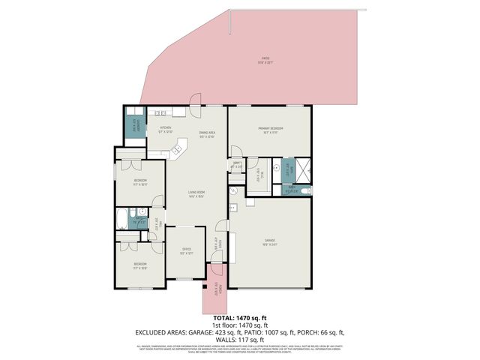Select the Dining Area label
(x=207, y=135)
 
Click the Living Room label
(x=196, y=195)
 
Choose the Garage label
(x=270, y=242)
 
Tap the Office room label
(x=186, y=251)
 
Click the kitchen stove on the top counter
(x=160, y=114)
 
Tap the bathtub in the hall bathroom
(x=122, y=220)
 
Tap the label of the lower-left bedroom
(x=140, y=265)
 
